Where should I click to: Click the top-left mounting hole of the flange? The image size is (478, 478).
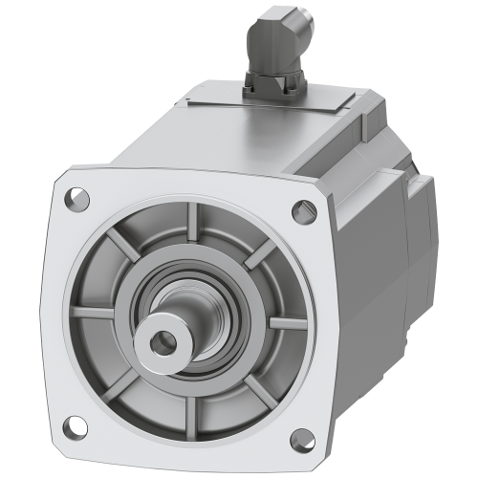coord(73,200)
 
